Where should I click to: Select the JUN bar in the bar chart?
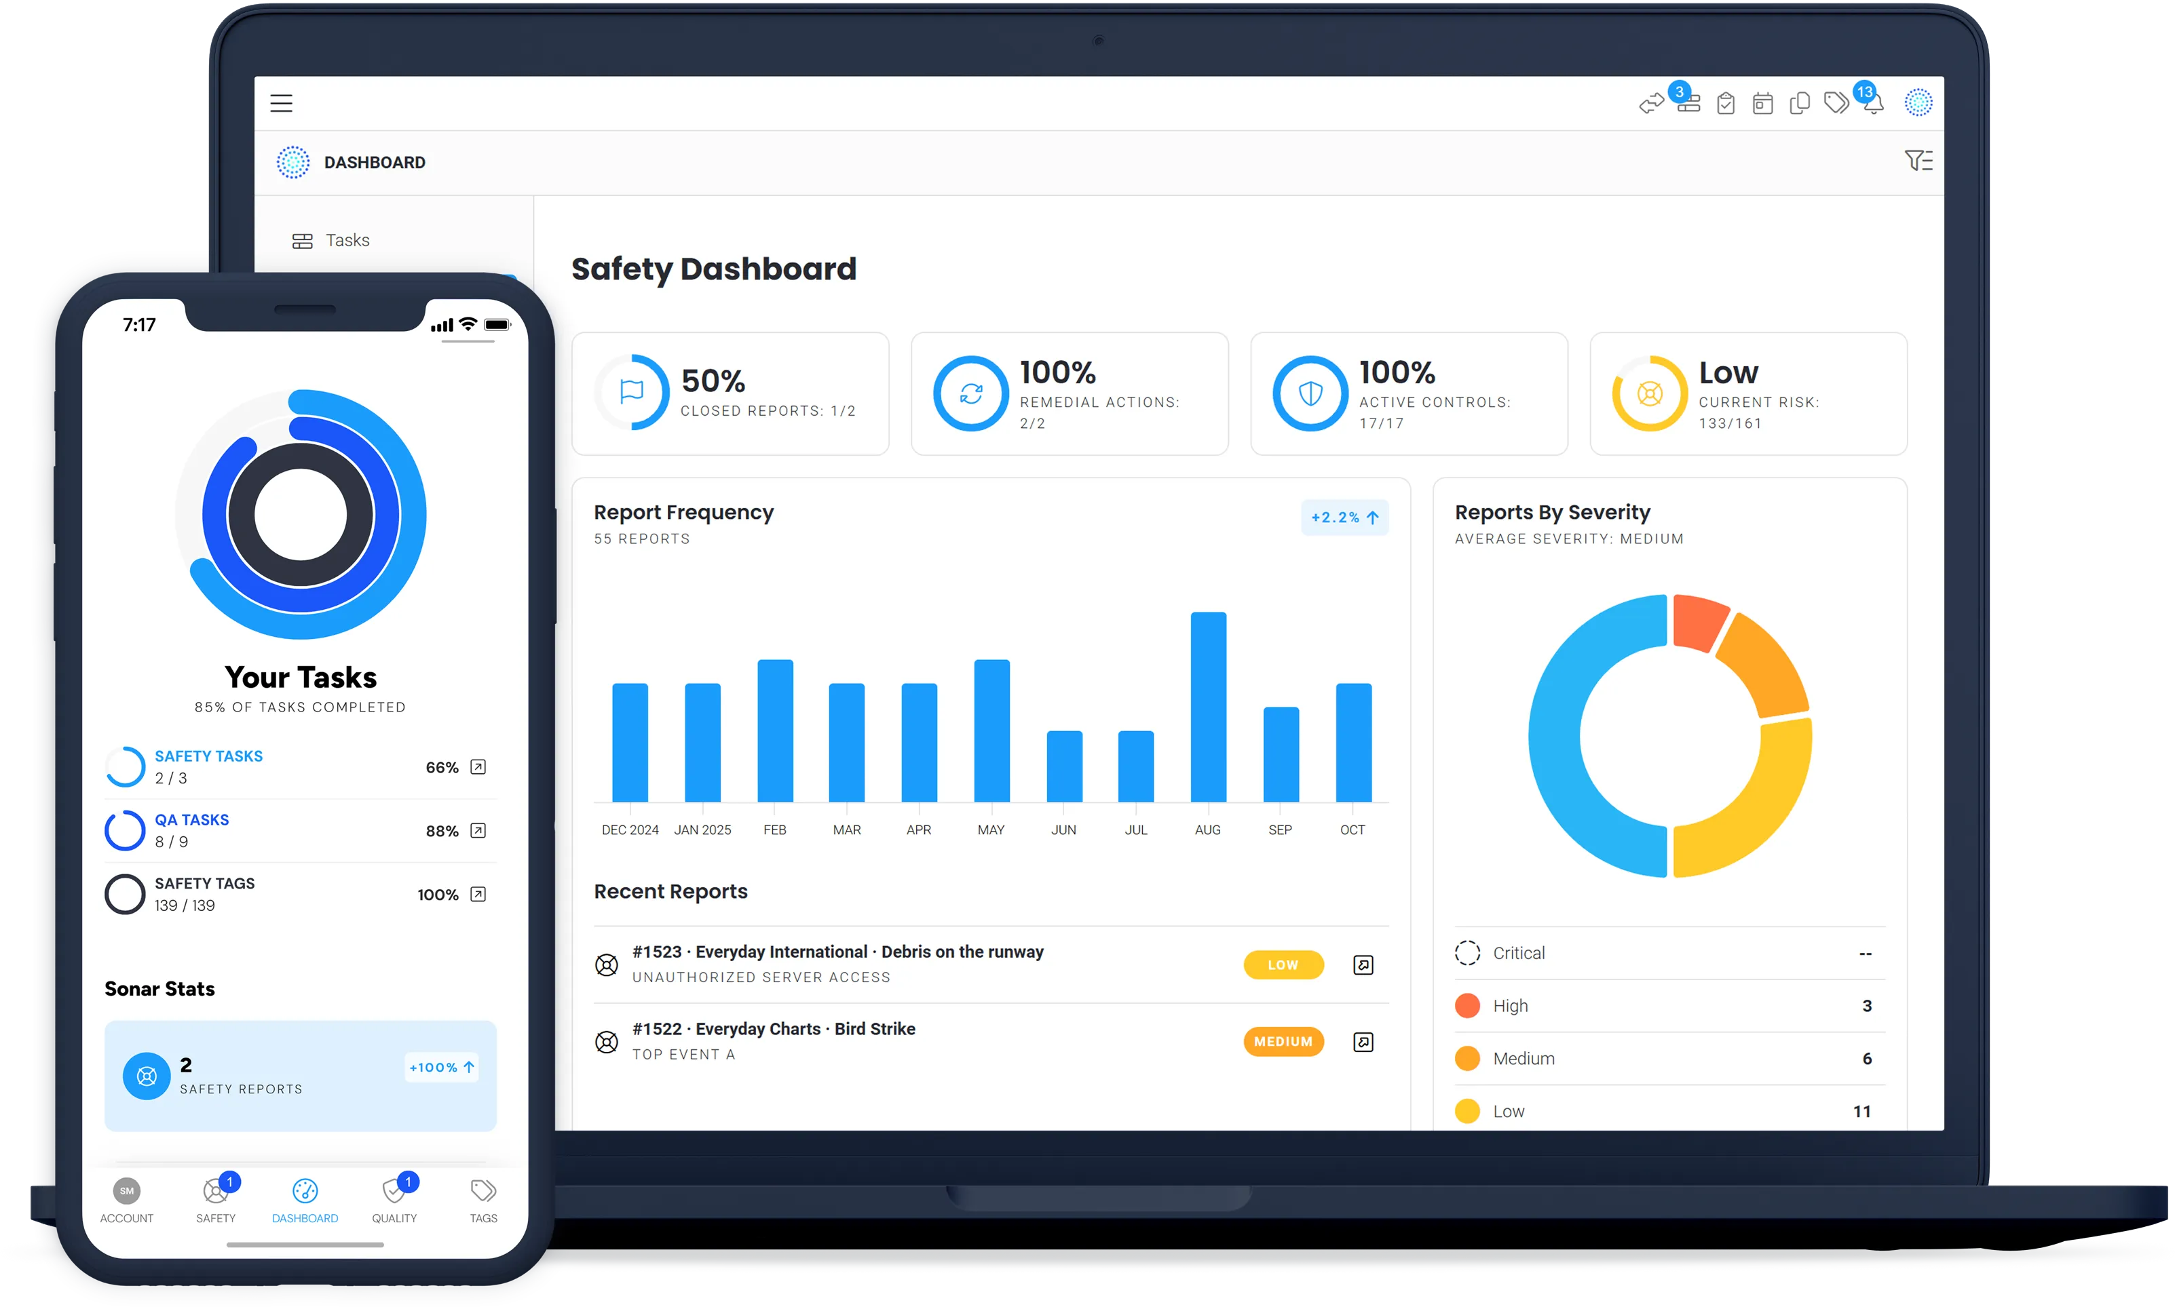click(1063, 766)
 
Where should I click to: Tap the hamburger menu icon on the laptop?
click(281, 103)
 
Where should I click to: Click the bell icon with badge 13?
click(1873, 102)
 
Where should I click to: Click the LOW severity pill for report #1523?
click(1283, 965)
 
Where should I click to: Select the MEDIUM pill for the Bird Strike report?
click(1283, 1042)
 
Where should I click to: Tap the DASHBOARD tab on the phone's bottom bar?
click(305, 1201)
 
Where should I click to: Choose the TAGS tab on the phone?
click(483, 1201)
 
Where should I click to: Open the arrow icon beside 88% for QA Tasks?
click(478, 831)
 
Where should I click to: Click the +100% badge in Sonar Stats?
click(441, 1068)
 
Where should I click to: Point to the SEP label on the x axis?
click(1280, 830)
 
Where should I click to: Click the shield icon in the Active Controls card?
click(1310, 393)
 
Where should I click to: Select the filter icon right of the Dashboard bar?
click(1918, 161)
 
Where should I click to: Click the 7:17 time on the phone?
click(139, 325)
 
